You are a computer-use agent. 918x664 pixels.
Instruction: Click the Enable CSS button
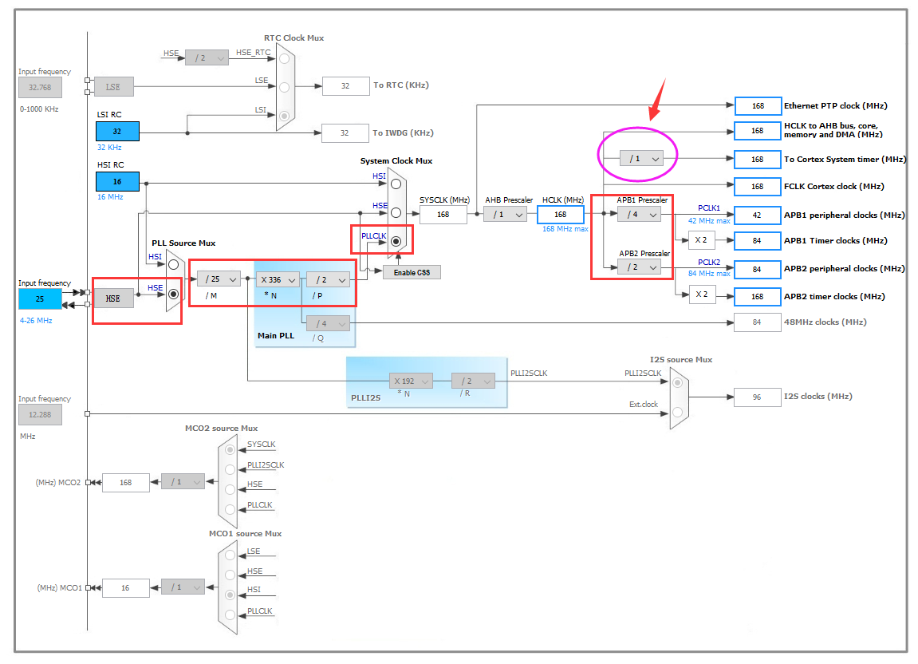point(412,272)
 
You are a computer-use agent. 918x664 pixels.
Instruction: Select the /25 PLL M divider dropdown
point(218,279)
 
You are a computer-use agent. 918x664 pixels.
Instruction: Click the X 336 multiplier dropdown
point(278,279)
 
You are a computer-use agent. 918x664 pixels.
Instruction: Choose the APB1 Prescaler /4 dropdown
point(639,214)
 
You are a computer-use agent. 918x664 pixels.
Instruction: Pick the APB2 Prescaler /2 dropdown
point(639,267)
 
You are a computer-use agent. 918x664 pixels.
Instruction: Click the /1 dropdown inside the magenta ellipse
point(641,159)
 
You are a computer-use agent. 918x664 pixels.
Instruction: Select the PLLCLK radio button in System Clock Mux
point(396,241)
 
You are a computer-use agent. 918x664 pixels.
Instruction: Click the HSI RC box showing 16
point(117,182)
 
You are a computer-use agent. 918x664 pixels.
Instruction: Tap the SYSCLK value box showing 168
point(443,214)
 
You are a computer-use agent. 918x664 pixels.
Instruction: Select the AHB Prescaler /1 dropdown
point(505,214)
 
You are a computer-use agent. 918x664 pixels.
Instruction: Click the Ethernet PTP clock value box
point(757,105)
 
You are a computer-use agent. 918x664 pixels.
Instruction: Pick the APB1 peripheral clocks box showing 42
point(757,215)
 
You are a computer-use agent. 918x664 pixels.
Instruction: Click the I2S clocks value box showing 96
point(757,397)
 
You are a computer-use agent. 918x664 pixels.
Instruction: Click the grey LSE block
point(112,86)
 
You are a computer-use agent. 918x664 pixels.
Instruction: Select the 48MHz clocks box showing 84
point(757,322)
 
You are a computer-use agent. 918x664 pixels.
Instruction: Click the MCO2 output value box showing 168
point(125,482)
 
